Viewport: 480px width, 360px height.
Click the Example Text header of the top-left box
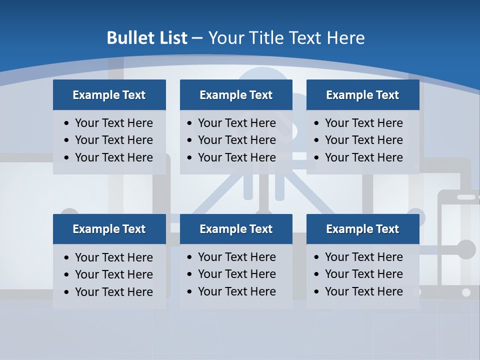(109, 95)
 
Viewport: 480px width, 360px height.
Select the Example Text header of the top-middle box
(236, 95)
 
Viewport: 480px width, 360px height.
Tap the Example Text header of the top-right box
(362, 95)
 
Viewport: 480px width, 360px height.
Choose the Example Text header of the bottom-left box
(109, 229)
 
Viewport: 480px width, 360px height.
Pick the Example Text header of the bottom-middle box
(236, 229)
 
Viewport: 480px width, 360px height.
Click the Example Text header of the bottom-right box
(362, 229)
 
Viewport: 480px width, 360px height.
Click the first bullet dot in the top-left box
(67, 123)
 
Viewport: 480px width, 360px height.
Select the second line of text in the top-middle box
(236, 140)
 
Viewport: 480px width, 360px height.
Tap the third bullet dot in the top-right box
(316, 158)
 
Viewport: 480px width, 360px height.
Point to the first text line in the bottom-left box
(113, 257)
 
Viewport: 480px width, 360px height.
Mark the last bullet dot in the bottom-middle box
(189, 292)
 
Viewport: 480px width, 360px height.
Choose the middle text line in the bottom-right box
(363, 274)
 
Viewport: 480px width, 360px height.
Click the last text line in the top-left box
(113, 157)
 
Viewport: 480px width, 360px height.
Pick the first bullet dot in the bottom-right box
(316, 257)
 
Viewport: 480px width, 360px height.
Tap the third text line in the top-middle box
(236, 157)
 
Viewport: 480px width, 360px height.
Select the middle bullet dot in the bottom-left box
(67, 275)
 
